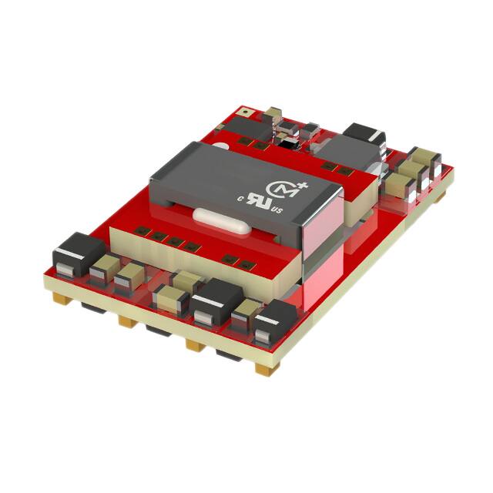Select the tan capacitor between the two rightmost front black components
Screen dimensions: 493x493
pyautogui.click(x=245, y=313)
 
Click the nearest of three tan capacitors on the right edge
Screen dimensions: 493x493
pyautogui.click(x=397, y=185)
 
